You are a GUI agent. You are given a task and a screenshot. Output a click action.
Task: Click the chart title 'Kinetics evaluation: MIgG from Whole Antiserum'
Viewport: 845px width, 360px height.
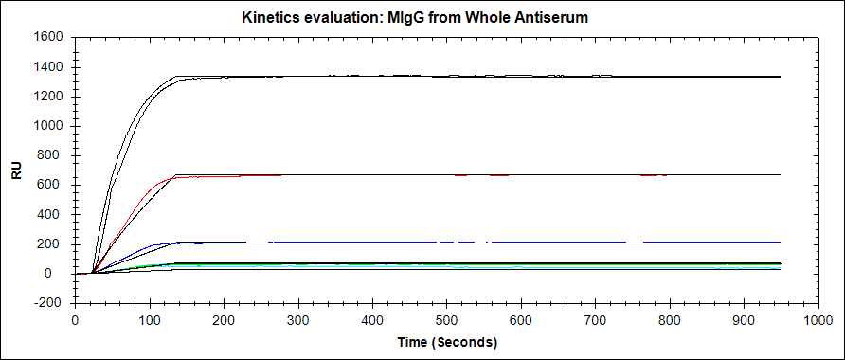pos(415,18)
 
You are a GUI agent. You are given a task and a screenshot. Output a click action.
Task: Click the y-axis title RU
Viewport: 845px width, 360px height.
pos(17,171)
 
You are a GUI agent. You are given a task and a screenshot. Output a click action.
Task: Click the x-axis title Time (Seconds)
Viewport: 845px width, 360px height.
pos(447,342)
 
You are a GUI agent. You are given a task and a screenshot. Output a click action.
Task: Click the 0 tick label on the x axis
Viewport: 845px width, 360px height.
pos(76,319)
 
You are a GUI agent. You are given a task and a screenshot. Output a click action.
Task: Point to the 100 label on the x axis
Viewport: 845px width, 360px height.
pos(150,319)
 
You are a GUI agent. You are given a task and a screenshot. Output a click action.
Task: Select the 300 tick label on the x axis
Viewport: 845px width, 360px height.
pos(298,319)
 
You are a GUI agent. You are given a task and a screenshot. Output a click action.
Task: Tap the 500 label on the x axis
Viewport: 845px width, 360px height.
pos(447,319)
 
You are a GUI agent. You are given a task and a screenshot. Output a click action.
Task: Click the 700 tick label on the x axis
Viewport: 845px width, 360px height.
pos(596,319)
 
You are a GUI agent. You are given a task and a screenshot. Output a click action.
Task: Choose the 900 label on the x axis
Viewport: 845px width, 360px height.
pos(745,319)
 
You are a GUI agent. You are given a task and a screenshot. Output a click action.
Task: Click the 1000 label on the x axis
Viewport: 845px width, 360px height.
pos(818,319)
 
